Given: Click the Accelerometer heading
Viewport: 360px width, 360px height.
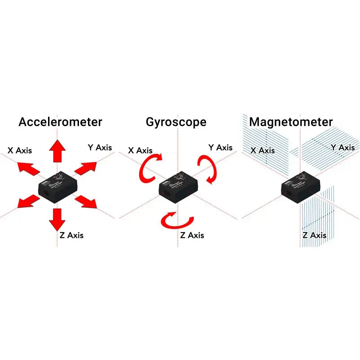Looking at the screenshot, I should tap(60, 122).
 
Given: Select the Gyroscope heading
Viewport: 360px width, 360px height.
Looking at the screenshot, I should tap(176, 122).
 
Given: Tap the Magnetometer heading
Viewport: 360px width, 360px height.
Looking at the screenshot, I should tap(291, 122).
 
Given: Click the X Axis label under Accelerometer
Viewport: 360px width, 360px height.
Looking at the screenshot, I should tap(20, 150).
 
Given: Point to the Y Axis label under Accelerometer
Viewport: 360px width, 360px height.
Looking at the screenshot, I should tap(100, 147).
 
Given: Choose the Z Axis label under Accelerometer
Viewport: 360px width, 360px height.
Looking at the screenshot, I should tap(71, 235).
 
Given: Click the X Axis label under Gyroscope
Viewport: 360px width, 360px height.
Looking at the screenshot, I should tap(140, 150).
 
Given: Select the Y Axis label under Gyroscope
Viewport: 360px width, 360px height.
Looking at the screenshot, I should tap(220, 147).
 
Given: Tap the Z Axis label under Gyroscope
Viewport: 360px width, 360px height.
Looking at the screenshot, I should tap(192, 235).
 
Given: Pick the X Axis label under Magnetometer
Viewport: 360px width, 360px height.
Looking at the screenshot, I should tap(263, 150).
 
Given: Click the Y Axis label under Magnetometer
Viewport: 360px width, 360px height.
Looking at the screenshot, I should tap(342, 147).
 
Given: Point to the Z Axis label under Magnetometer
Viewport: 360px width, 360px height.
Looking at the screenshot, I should tap(314, 235).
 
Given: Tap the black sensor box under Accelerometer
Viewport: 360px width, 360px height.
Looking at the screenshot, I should tap(57, 186).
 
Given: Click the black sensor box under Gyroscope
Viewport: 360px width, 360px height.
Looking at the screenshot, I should tap(178, 186).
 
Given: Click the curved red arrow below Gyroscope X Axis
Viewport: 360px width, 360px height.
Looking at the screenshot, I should tap(151, 169).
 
